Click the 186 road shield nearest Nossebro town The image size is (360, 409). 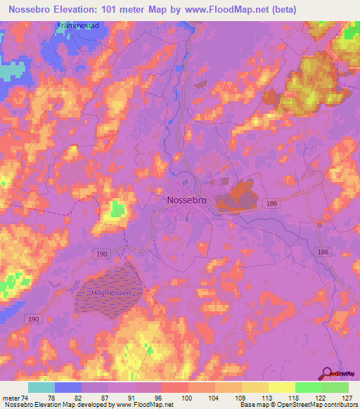(x=270, y=202)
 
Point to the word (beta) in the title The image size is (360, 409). (x=280, y=9)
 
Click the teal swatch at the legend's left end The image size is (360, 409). (x=41, y=387)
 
